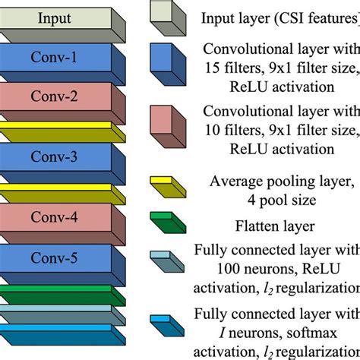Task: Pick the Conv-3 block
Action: coord(57,159)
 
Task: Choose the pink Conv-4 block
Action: coord(57,217)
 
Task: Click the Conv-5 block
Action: coord(57,257)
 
